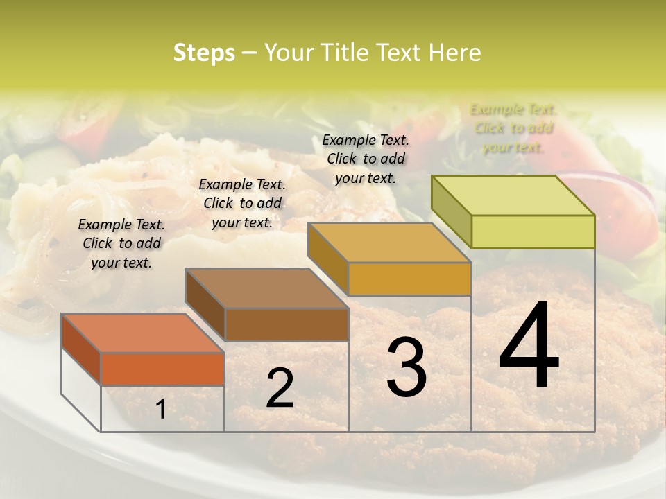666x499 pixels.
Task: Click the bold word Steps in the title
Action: pyautogui.click(x=204, y=53)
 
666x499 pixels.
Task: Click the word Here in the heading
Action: pyautogui.click(x=455, y=53)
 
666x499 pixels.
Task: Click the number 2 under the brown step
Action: pyautogui.click(x=280, y=388)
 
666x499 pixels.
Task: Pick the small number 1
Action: pyautogui.click(x=160, y=410)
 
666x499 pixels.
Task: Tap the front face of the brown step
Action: pyautogui.click(x=287, y=324)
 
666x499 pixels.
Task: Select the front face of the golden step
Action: pyautogui.click(x=409, y=279)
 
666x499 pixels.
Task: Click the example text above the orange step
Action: pyautogui.click(x=121, y=243)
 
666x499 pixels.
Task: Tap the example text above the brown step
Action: pyautogui.click(x=242, y=203)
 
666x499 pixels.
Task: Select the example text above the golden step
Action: pyautogui.click(x=366, y=159)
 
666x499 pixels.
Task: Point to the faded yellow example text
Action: pyautogui.click(x=513, y=128)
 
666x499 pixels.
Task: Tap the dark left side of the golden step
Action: pyautogui.click(x=327, y=256)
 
